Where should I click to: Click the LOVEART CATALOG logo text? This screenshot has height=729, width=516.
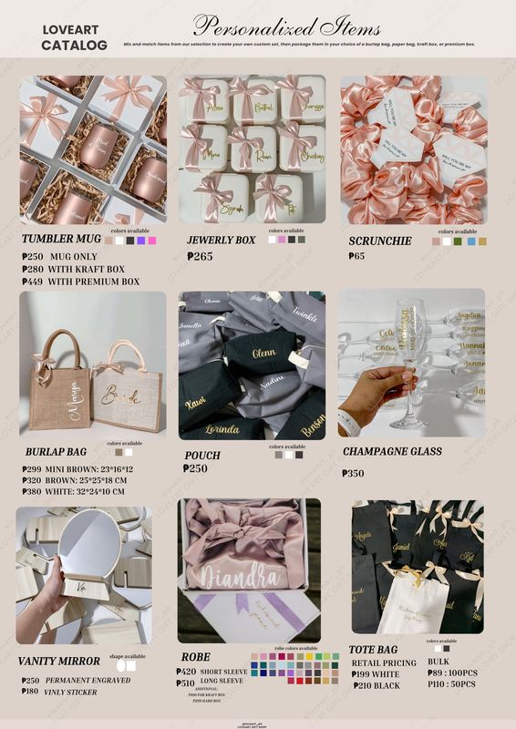click(x=74, y=37)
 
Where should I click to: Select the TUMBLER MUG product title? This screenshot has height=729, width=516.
click(x=61, y=240)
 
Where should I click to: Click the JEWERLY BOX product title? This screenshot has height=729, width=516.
click(x=222, y=241)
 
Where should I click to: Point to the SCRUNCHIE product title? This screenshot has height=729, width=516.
click(x=380, y=241)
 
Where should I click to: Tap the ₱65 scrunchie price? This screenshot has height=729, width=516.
click(x=357, y=257)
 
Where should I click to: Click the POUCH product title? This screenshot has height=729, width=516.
click(x=202, y=455)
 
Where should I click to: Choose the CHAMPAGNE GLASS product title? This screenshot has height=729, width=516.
click(x=392, y=451)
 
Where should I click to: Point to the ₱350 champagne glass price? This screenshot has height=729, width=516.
click(x=353, y=474)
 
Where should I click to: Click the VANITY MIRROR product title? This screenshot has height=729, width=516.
click(x=60, y=661)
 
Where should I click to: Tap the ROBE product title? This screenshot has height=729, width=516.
click(x=196, y=656)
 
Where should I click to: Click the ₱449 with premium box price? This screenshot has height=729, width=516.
click(x=80, y=282)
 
